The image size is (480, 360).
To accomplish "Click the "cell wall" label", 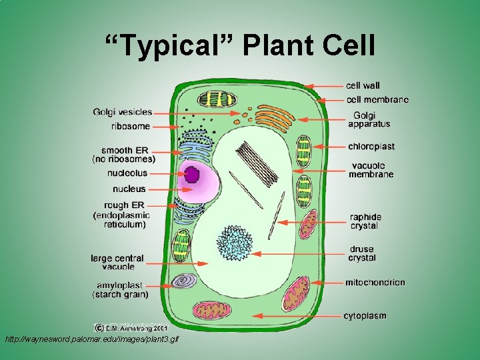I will [363, 85].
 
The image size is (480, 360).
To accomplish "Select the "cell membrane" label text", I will [377, 100].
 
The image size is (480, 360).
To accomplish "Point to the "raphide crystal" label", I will [365, 221].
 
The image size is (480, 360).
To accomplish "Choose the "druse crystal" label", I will [362, 254].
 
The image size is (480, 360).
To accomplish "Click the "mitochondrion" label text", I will [375, 283].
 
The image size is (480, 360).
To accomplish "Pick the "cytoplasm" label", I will [365, 315].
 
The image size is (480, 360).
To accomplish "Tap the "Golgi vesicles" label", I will [123, 112].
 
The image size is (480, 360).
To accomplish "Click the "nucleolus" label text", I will [127, 173].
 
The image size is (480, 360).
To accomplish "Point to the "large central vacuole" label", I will [117, 263].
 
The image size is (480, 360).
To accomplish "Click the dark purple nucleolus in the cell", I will [192, 175].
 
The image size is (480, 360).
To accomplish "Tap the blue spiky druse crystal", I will [233, 243].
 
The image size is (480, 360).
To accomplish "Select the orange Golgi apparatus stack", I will [273, 117].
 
